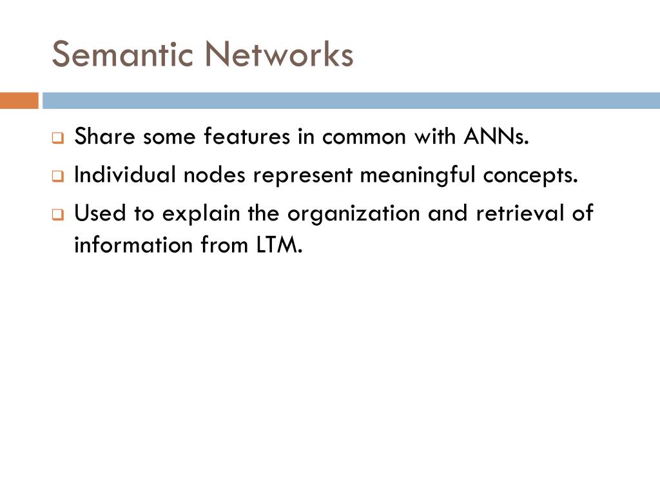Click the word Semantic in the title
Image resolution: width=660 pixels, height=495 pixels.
tap(123, 54)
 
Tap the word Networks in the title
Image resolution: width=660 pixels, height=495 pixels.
tap(280, 54)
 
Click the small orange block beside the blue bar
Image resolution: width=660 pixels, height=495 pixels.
tap(19, 101)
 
